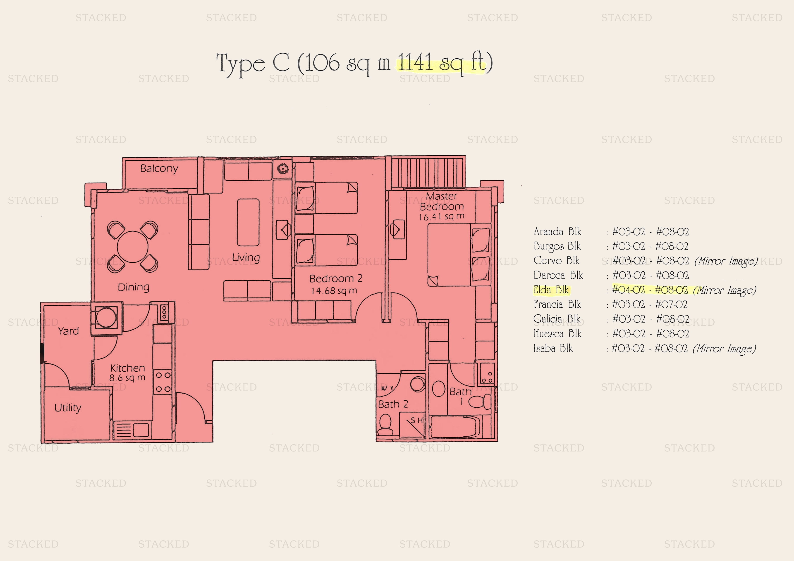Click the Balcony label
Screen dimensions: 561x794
159,169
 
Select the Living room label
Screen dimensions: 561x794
246,257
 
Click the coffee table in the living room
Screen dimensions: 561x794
248,222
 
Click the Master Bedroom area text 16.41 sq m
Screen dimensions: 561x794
442,217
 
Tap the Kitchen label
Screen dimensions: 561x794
127,368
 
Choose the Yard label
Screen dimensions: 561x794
69,331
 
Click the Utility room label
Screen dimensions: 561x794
68,408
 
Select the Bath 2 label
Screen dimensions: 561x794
393,404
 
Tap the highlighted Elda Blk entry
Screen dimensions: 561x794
551,290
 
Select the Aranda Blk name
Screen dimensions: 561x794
557,232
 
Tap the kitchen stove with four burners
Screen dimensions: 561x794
163,382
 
